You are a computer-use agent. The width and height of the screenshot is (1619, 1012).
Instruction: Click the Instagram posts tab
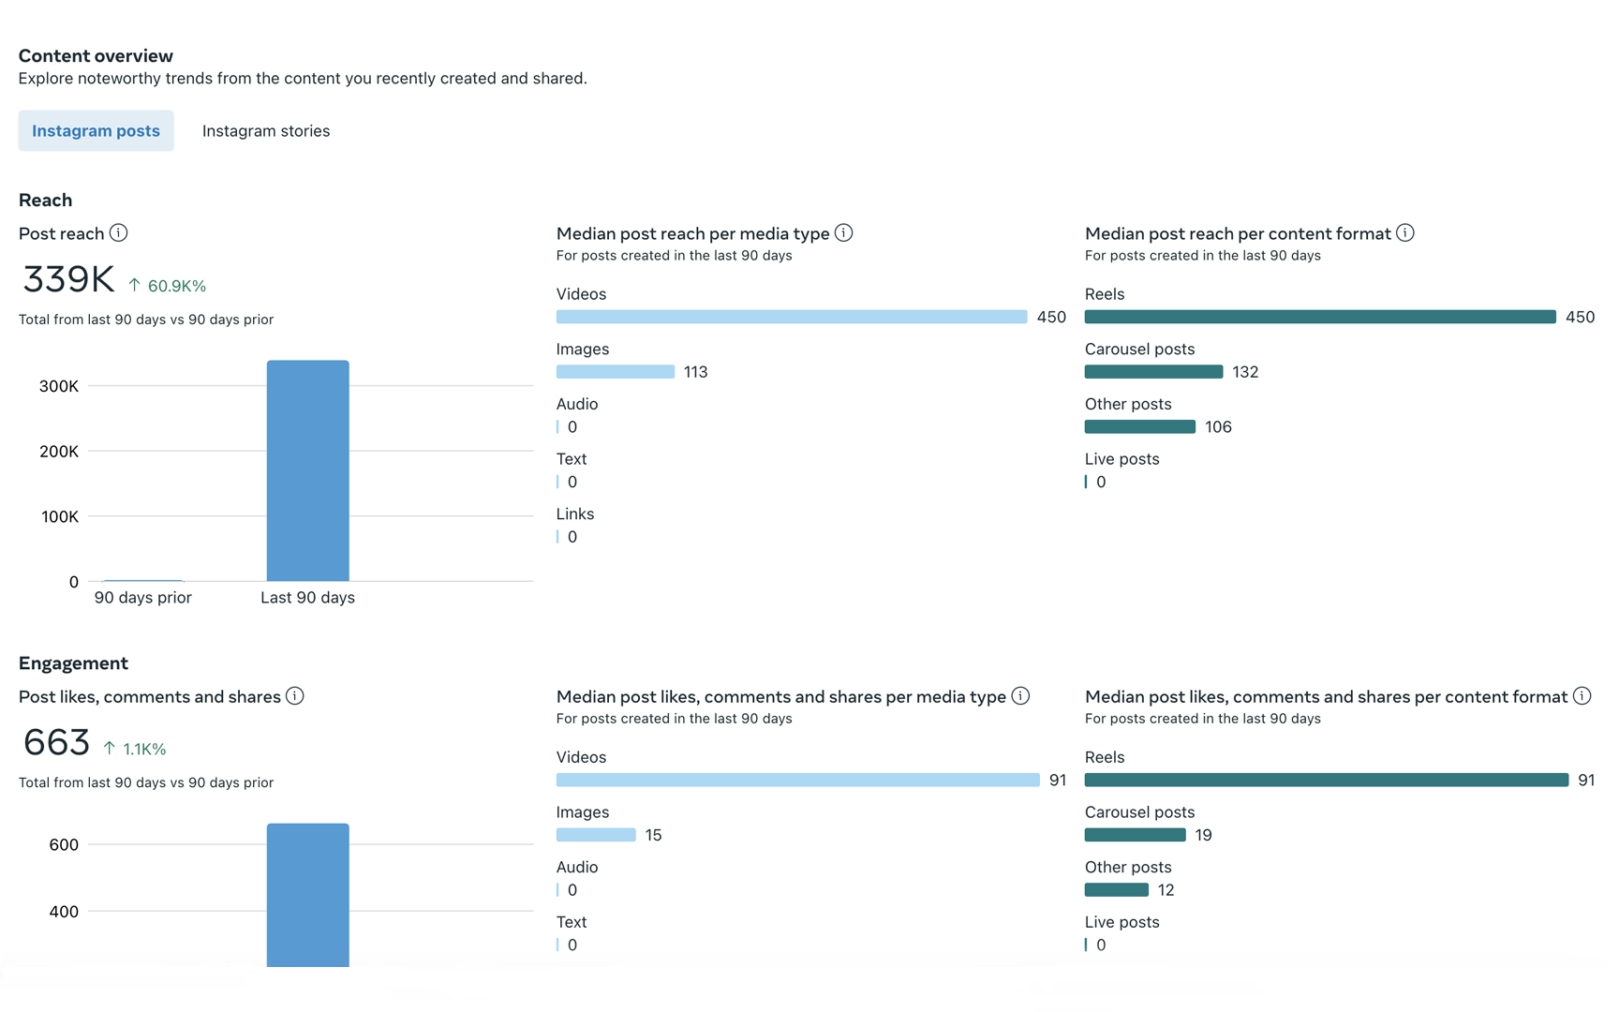click(x=96, y=131)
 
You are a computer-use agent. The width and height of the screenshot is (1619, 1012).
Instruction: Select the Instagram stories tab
click(x=266, y=131)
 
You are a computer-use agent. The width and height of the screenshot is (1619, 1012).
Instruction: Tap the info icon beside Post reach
click(x=119, y=233)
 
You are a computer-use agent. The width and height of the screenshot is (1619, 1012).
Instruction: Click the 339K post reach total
click(x=68, y=279)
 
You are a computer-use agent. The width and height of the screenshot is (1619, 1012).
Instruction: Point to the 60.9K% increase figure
click(x=176, y=286)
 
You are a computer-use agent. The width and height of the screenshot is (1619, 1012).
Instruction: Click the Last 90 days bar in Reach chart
click(x=307, y=470)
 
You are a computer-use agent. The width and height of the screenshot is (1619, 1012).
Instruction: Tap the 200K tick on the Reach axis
click(x=59, y=452)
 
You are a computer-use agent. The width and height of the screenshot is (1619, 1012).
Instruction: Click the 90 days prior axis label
click(x=142, y=598)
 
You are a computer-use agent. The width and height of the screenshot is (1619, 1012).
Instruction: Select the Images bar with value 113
click(x=615, y=372)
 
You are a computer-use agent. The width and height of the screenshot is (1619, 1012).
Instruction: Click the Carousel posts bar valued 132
click(x=1153, y=372)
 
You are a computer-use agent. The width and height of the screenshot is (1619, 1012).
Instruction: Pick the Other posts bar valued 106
click(x=1139, y=427)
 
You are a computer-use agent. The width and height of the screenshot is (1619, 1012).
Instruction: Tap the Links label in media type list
click(x=575, y=514)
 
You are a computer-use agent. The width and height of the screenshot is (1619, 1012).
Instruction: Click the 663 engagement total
click(x=56, y=743)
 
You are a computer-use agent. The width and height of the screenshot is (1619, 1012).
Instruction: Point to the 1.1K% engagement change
click(x=144, y=749)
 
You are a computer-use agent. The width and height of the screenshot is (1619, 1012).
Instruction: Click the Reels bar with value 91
click(x=1326, y=780)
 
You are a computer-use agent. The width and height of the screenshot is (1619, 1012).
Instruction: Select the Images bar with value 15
click(x=596, y=835)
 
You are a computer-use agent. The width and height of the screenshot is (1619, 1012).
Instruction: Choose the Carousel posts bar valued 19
click(x=1135, y=835)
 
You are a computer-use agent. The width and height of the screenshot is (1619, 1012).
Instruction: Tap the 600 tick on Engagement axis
click(x=64, y=845)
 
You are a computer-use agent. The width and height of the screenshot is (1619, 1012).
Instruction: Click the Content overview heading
click(x=96, y=56)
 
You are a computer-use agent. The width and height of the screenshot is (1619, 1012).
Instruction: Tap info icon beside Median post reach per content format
click(x=1405, y=233)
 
